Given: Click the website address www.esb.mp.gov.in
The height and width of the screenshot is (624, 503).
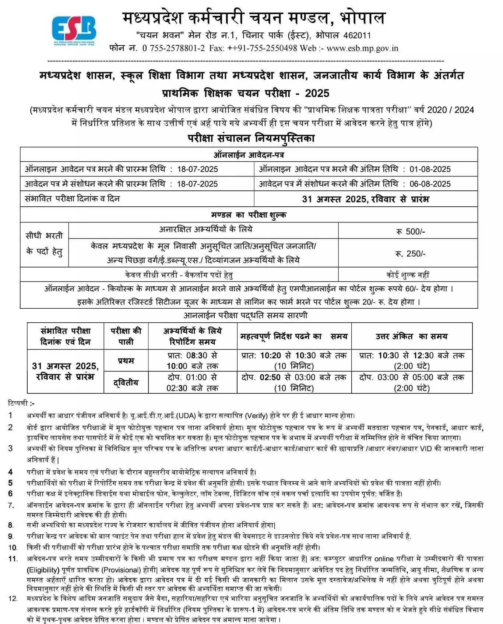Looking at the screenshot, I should coord(362,48).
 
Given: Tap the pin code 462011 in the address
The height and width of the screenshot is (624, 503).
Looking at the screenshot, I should coord(357,35).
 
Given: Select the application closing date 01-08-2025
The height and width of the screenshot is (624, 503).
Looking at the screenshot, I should coord(430,169).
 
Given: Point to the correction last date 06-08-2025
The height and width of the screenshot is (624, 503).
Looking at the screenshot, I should coord(430,184).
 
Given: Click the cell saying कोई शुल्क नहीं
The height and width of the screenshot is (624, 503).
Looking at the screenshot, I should coord(408,275).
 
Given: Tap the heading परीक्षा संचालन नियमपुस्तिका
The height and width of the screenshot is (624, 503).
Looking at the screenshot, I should coord(251,138).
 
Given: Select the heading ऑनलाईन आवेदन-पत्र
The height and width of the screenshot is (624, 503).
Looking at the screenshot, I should coord(249,155).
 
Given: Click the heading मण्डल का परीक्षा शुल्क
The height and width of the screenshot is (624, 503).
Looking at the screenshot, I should coord(249,215).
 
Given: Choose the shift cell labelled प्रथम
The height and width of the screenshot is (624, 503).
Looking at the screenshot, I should coord(126,361).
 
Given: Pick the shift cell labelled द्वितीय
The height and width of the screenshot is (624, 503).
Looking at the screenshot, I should coord(126,383).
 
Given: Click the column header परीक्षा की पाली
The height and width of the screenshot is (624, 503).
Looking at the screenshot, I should coord(126,336).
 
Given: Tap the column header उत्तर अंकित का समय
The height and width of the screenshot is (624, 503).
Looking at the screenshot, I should coord(411,336).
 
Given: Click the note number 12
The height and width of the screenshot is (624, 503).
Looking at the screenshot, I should coord(13,599).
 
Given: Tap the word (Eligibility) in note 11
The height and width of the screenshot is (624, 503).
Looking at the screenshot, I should coord(43,570).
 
